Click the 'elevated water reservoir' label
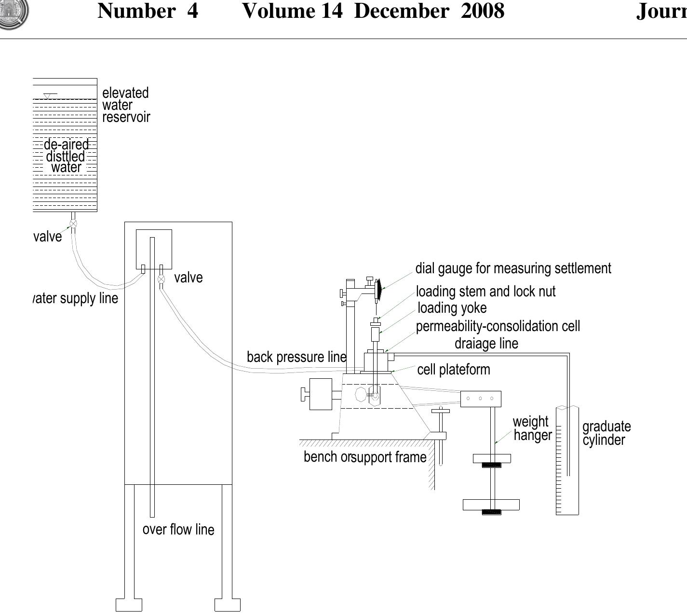[x=126, y=105]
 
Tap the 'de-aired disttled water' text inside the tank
[x=67, y=156]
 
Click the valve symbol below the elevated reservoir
[x=73, y=224]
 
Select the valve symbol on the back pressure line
[x=162, y=279]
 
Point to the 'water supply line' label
[x=76, y=298]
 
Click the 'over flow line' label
[x=178, y=530]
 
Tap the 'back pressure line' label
[x=296, y=357]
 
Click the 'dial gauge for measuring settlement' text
[x=513, y=268]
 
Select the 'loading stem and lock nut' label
[x=485, y=292]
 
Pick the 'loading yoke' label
[x=452, y=308]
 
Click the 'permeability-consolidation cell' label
[x=498, y=326]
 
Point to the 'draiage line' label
[x=486, y=344]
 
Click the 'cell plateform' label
[x=454, y=370]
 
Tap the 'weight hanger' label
[x=532, y=428]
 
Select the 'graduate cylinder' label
[x=606, y=433]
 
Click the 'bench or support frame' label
[x=365, y=457]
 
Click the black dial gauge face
[x=379, y=288]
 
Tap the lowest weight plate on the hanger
[x=491, y=505]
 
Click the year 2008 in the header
[x=482, y=11]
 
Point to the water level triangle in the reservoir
[x=47, y=96]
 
